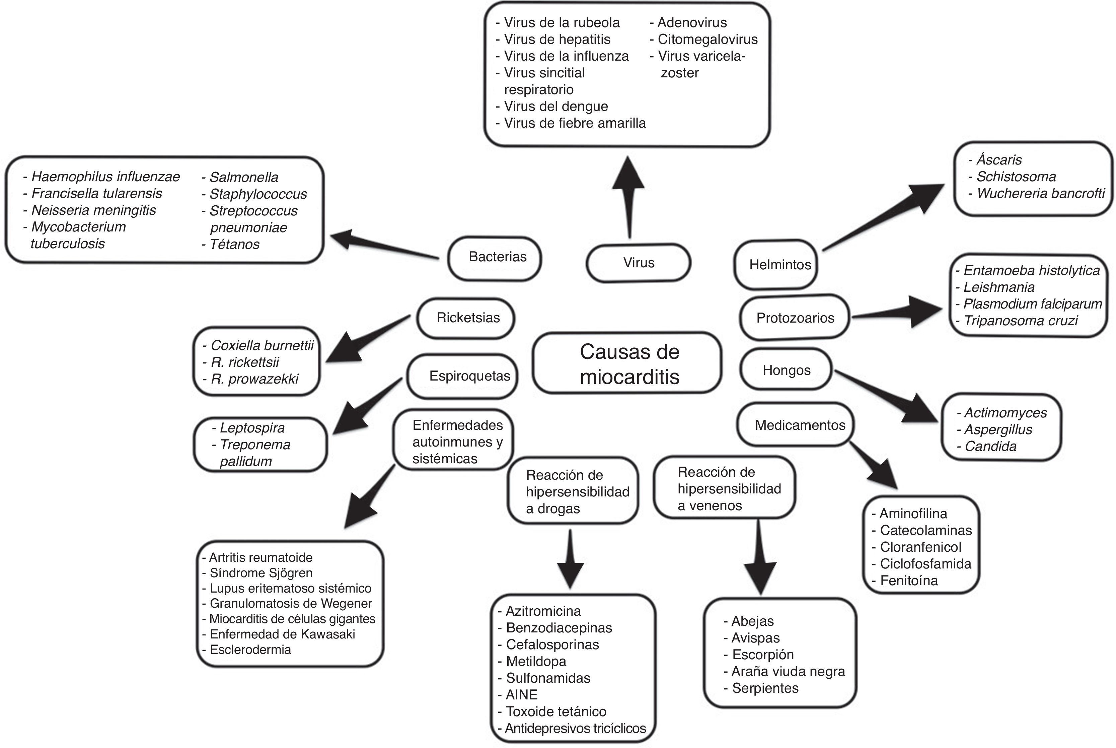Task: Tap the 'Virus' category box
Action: pyautogui.click(x=638, y=263)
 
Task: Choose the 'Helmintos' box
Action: pyautogui.click(x=776, y=265)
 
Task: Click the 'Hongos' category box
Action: pyautogui.click(x=786, y=370)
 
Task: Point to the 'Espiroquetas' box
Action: pyautogui.click(x=463, y=376)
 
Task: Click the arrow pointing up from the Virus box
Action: pyautogui.click(x=629, y=196)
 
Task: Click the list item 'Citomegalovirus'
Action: pyautogui.click(x=708, y=40)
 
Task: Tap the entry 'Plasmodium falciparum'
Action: pyautogui.click(x=1032, y=304)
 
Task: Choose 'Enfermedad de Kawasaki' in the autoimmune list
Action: pyautogui.click(x=282, y=634)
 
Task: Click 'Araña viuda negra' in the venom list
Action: pyautogui.click(x=788, y=672)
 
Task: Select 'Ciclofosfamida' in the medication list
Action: pyautogui.click(x=925, y=564)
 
